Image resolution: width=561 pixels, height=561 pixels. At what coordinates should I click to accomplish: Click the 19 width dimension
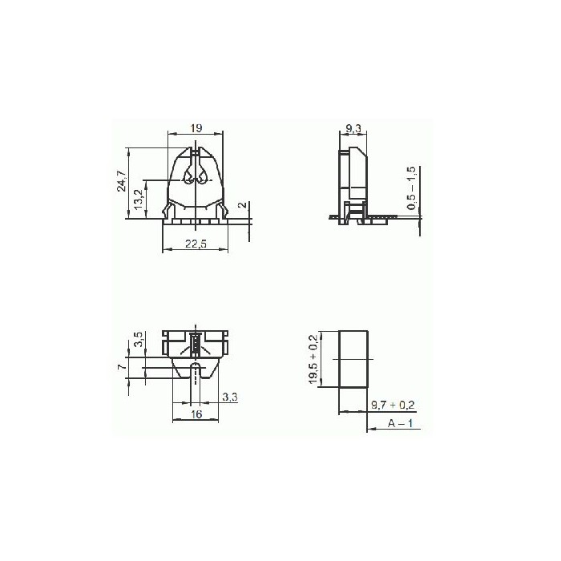[196, 127]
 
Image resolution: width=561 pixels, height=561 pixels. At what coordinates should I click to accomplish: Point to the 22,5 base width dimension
[196, 245]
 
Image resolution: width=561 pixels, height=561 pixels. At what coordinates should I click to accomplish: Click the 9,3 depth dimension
[353, 127]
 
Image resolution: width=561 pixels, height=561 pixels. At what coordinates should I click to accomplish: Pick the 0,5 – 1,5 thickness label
[411, 189]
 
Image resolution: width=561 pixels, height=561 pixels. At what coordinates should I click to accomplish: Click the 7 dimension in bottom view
[121, 367]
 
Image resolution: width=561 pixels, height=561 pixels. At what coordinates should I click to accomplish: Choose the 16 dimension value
[196, 414]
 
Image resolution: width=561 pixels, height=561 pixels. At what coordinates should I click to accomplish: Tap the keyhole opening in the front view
[196, 177]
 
